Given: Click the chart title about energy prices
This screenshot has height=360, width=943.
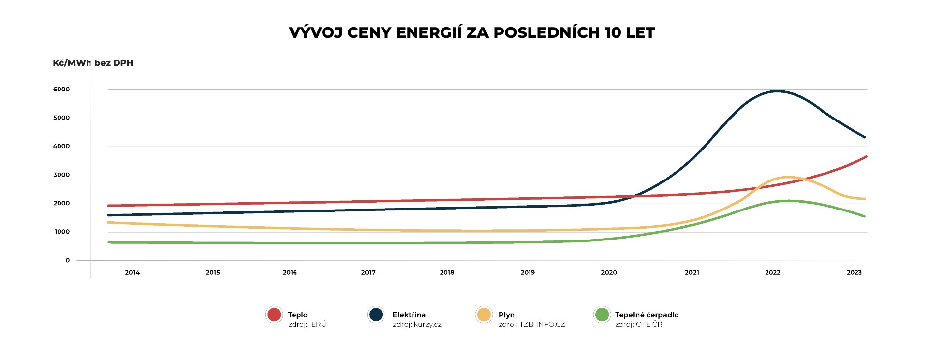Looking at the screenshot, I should (471, 33).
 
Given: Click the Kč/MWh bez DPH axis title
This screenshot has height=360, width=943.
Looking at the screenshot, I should (93, 63).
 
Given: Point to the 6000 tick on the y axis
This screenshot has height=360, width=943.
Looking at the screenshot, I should (61, 90).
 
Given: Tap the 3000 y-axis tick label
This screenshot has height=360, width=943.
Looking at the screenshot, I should (61, 175).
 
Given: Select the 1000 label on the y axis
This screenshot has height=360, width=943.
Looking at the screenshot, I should (61, 232).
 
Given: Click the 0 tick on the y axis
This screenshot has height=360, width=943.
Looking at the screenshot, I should (68, 260).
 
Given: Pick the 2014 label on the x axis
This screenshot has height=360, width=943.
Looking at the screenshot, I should (132, 272).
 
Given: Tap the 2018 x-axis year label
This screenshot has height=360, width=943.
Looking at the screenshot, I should (447, 272).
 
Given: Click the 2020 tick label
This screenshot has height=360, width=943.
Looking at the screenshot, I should (609, 272).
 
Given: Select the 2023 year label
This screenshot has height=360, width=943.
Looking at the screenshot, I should (854, 272).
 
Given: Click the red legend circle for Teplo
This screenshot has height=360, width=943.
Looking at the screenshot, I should (274, 315).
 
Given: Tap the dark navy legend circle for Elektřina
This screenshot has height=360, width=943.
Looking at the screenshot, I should (376, 315).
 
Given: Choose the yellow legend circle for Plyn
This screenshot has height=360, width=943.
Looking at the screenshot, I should (484, 315).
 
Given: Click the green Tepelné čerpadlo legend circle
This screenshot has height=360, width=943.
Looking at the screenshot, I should (602, 315).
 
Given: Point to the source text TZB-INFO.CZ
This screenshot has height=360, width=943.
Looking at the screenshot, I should (542, 325).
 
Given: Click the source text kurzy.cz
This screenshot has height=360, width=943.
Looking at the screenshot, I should (428, 325).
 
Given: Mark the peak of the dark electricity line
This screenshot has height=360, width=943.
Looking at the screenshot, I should (777, 91).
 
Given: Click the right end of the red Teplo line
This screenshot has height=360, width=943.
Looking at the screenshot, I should (866, 157).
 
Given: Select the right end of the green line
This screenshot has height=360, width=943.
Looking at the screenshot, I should (864, 216).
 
